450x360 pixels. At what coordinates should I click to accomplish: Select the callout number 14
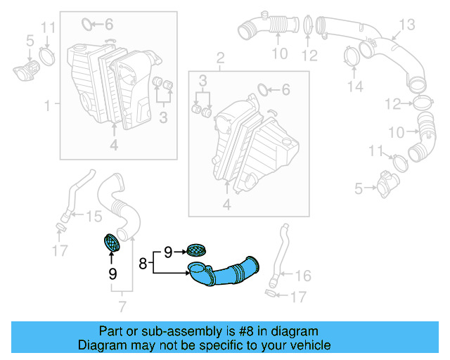point(356,87)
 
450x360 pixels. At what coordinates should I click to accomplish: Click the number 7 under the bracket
point(122,307)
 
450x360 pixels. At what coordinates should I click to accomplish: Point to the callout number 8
point(143,264)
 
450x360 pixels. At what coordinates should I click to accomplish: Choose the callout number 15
point(94,217)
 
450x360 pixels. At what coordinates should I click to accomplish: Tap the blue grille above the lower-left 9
point(112,243)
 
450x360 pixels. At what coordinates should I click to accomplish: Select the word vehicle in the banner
point(312,345)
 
